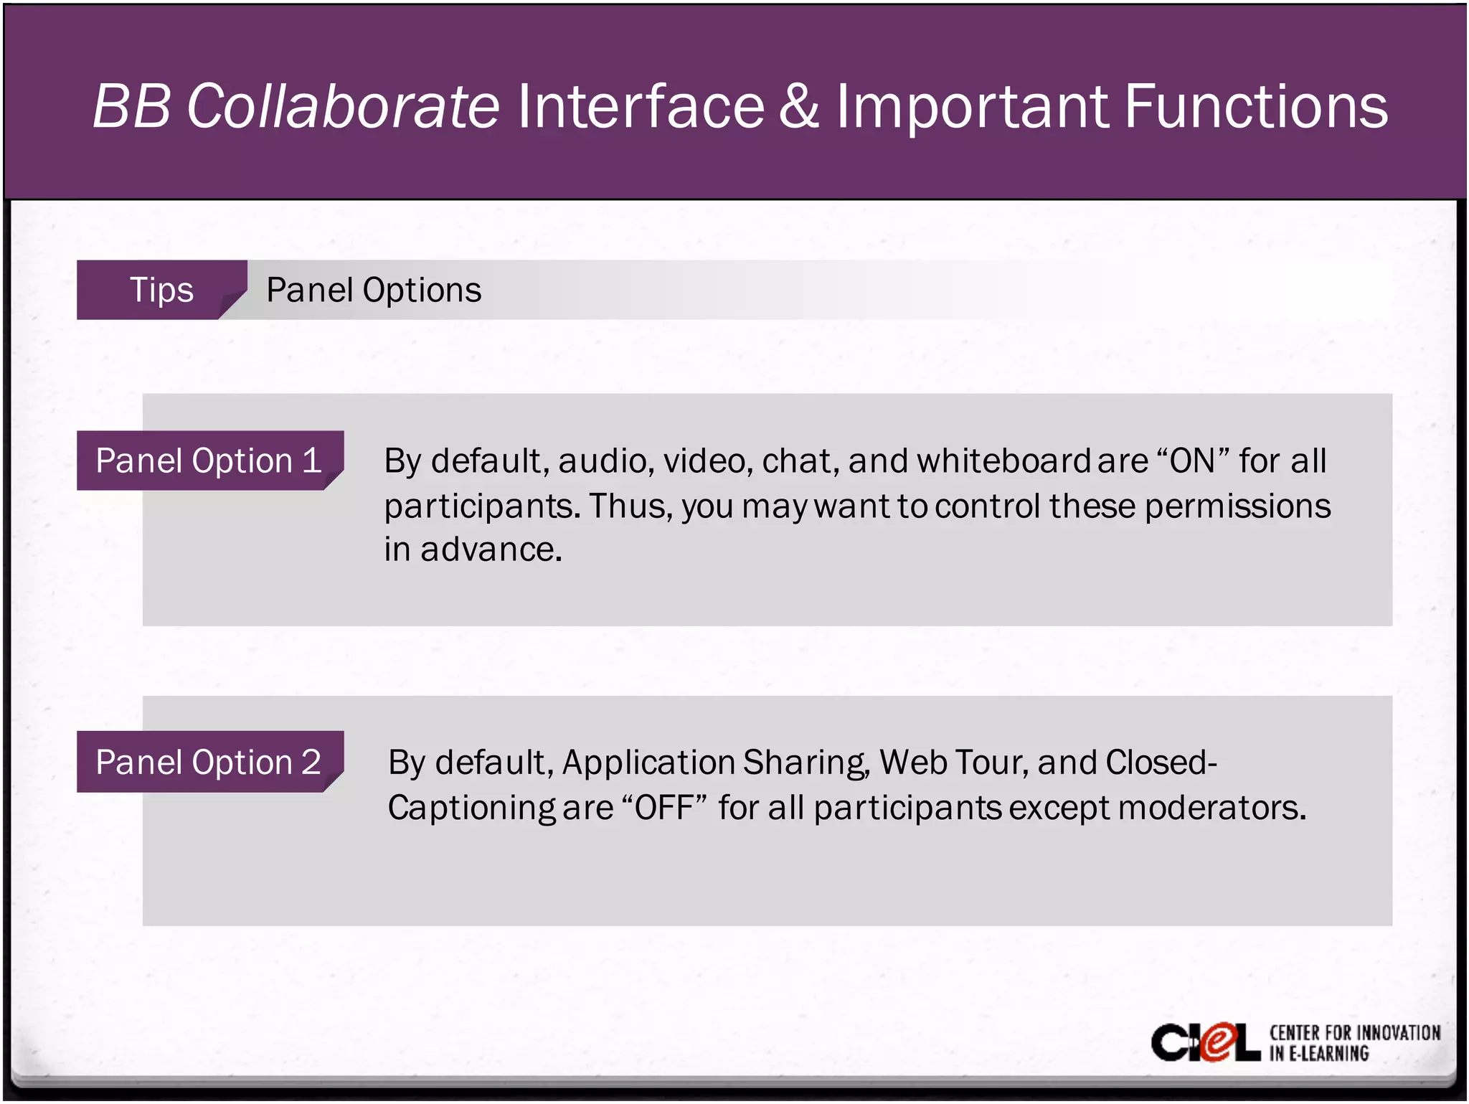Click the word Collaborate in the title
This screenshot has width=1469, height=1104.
(343, 106)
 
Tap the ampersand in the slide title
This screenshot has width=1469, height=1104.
(798, 106)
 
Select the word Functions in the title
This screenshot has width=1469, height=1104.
(1255, 106)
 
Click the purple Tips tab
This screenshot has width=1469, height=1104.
(161, 290)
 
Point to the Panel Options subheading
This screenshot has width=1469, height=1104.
(374, 290)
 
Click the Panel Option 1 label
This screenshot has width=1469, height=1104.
(209, 461)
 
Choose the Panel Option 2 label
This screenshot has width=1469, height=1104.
(209, 762)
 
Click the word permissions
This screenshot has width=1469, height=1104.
(1237, 506)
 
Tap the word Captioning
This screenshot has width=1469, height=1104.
(471, 808)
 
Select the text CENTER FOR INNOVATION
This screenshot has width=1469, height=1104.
(1354, 1032)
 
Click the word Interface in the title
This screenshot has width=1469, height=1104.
(641, 106)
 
